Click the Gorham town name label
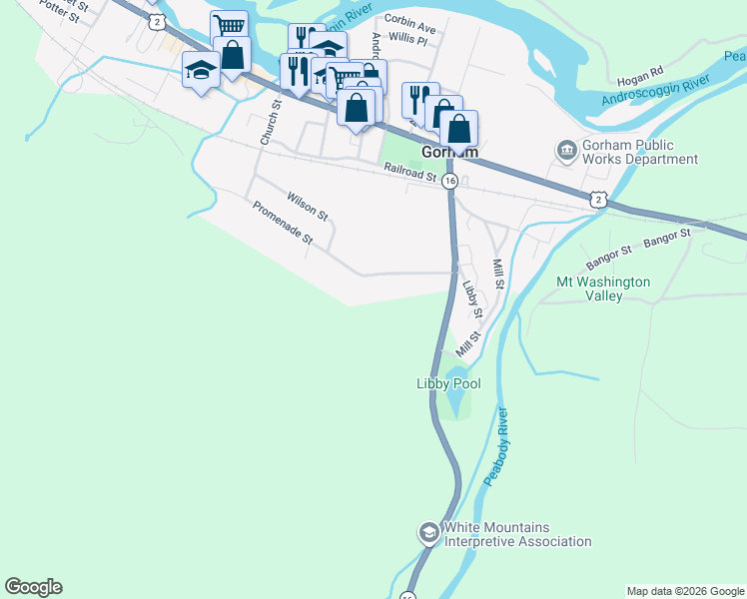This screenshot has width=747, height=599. click(x=450, y=153)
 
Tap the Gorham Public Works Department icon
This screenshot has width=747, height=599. click(x=567, y=149)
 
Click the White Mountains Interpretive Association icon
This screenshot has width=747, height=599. click(x=428, y=532)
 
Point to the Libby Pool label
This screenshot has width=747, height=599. click(x=448, y=383)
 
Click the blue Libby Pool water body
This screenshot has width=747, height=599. click(x=454, y=402)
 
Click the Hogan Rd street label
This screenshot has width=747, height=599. click(x=640, y=73)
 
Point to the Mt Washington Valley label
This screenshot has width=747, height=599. click(x=603, y=289)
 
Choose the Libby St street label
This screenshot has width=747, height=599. click(x=472, y=299)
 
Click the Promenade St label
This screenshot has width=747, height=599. click(x=283, y=225)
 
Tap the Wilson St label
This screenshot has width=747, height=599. click(x=307, y=206)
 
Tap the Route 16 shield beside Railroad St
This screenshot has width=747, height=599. click(x=450, y=181)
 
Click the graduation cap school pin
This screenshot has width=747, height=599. click(x=201, y=70)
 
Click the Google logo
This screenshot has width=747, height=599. click(x=34, y=587)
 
